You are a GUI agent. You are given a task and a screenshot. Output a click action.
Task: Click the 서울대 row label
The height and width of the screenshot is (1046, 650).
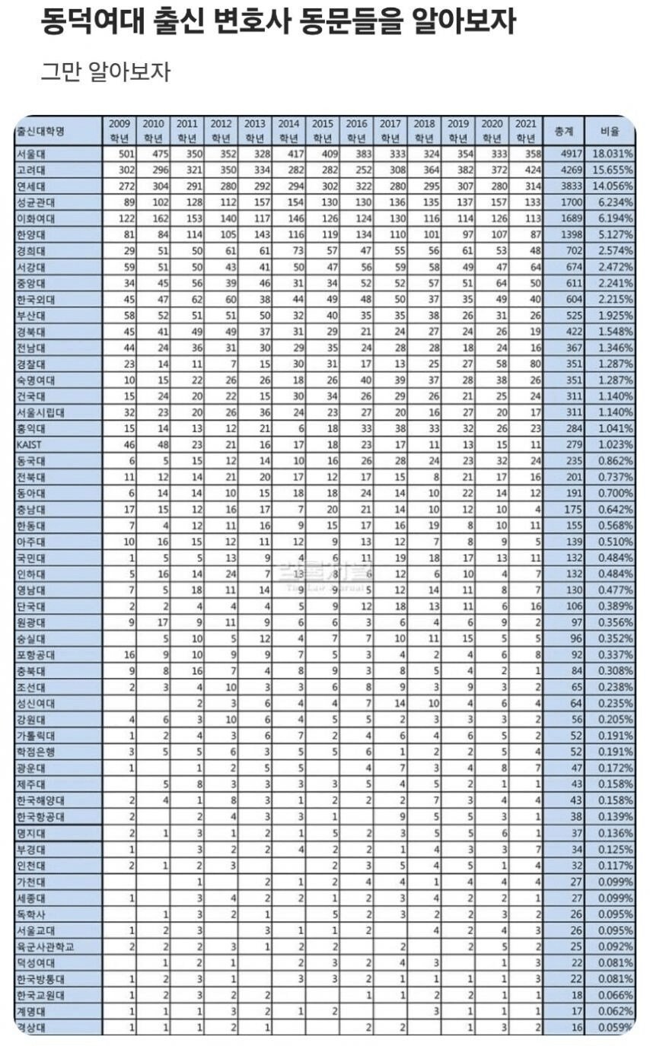click(x=31, y=154)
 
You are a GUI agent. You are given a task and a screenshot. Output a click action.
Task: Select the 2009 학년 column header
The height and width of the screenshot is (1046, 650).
click(x=119, y=131)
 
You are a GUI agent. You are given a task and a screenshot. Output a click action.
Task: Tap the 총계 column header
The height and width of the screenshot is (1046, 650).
click(x=566, y=131)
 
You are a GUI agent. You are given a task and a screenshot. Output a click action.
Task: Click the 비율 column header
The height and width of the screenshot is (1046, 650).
click(x=610, y=131)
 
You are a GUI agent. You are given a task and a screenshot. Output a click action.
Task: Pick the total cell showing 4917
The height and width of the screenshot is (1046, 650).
click(x=569, y=154)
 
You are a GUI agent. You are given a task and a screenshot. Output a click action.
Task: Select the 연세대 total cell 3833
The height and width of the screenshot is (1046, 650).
click(x=569, y=186)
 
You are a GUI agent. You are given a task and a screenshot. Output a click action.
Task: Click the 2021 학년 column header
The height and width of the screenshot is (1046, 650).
click(x=526, y=131)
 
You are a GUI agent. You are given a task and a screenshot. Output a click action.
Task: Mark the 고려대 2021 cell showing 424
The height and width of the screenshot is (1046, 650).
click(x=531, y=170)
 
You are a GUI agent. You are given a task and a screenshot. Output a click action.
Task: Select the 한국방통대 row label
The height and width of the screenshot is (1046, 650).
click(x=40, y=978)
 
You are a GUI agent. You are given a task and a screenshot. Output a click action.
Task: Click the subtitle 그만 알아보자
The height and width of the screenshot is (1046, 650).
click(x=105, y=72)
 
